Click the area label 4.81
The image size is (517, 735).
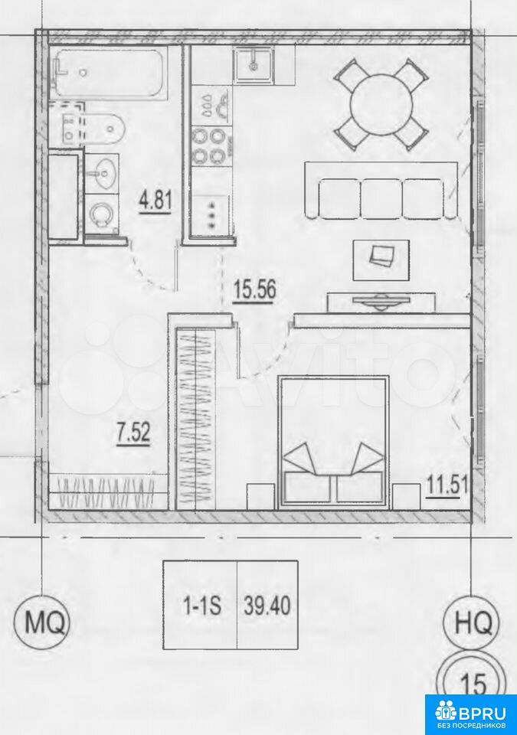pos(155,201)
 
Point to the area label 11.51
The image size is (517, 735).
pos(447,484)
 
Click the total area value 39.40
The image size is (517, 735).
pos(267,606)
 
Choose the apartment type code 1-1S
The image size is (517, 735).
pos(201,606)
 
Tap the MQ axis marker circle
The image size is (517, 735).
pos(43,623)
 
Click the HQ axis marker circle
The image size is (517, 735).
pos(473,623)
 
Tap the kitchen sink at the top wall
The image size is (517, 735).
pos(254,65)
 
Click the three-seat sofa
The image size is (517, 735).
pos(381,190)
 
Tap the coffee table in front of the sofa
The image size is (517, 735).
pos(381,260)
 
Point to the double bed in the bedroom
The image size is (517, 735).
pos(334,442)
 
